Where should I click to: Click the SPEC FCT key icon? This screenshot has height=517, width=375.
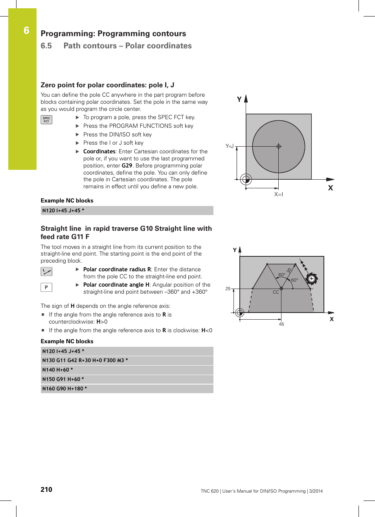pyautogui.click(x=46, y=120)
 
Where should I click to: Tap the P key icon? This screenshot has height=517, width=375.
pyautogui.click(x=46, y=287)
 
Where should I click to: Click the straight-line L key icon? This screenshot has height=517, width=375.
pyautogui.click(x=46, y=272)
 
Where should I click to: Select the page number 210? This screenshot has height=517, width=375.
pyautogui.click(x=46, y=489)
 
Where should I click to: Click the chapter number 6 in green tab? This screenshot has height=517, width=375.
pyautogui.click(x=26, y=31)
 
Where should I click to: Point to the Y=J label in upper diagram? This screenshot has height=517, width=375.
pyautogui.click(x=230, y=146)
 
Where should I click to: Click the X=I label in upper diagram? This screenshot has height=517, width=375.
pyautogui.click(x=279, y=194)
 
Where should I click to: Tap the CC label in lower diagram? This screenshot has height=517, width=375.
pyautogui.click(x=276, y=292)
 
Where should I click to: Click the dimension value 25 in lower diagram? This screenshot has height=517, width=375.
pyautogui.click(x=228, y=289)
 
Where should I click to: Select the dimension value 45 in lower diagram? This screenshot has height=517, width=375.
pyautogui.click(x=281, y=324)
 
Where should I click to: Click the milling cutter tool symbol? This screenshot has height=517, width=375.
pyautogui.click(x=311, y=279)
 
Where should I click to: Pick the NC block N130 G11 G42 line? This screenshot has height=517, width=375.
pyautogui.click(x=85, y=361)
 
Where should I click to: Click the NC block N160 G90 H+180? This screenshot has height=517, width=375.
pyautogui.click(x=65, y=389)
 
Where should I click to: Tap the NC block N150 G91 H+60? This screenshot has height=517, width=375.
pyautogui.click(x=63, y=379)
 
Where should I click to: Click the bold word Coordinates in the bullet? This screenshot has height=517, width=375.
pyautogui.click(x=99, y=151)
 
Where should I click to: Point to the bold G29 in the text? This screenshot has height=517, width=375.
pyautogui.click(x=127, y=166)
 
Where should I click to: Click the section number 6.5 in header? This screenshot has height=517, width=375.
pyautogui.click(x=46, y=46)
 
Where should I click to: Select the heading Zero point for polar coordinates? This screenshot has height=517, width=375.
pyautogui.click(x=107, y=85)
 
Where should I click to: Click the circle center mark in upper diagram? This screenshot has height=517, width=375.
pyautogui.click(x=279, y=146)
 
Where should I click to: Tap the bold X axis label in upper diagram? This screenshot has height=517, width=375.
pyautogui.click(x=331, y=188)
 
